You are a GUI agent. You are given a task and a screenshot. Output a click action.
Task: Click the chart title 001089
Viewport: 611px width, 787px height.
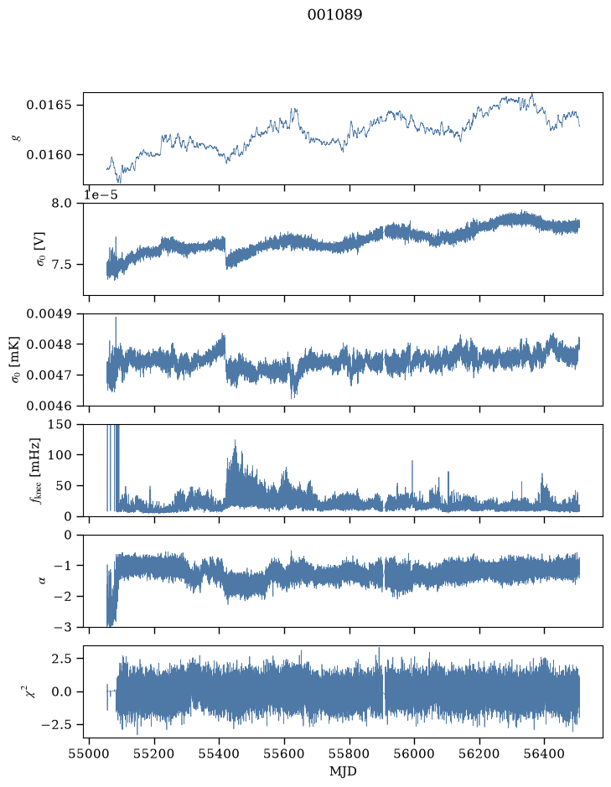click(334, 15)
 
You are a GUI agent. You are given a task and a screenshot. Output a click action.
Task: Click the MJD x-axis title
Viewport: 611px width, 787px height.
click(343, 771)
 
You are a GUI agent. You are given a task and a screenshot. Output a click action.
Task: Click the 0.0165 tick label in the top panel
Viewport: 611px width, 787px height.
click(49, 106)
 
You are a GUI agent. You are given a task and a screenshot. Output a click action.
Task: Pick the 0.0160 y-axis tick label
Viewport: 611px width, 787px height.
click(49, 155)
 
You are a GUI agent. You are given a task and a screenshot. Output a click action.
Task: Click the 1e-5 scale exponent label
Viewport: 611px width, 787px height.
click(101, 194)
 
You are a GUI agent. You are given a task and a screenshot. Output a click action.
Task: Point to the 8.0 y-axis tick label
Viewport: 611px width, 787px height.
click(61, 204)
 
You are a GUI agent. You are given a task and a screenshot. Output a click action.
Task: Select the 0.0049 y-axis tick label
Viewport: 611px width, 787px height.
click(49, 313)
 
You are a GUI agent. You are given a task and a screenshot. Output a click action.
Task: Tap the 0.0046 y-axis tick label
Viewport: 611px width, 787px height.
click(49, 406)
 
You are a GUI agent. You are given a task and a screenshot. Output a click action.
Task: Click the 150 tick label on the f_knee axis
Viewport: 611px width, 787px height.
click(60, 425)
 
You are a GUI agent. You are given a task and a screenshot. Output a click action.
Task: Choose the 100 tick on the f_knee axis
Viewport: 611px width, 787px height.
click(60, 455)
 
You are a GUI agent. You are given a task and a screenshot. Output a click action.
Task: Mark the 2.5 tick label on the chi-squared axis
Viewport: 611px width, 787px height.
click(61, 658)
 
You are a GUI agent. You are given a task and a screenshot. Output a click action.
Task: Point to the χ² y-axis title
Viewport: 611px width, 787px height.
click(34, 691)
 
